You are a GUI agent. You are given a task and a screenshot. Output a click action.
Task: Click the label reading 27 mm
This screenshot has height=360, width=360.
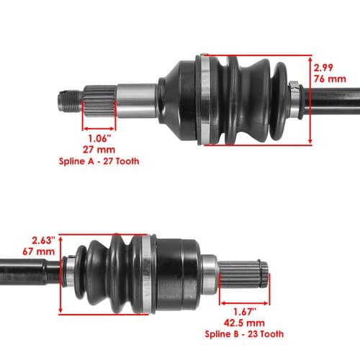click(99, 150)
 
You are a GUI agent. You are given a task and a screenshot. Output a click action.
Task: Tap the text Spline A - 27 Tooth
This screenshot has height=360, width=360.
click(99, 161)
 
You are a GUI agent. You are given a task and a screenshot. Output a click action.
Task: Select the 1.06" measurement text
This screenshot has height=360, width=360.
click(100, 138)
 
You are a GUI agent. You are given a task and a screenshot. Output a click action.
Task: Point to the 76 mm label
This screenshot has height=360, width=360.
click(330, 79)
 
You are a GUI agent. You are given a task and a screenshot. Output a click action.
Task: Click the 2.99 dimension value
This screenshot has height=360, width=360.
click(323, 68)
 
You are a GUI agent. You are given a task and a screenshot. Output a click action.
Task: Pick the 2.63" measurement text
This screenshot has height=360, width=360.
click(44, 240)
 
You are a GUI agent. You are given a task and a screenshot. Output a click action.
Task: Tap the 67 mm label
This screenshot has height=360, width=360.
click(39, 251)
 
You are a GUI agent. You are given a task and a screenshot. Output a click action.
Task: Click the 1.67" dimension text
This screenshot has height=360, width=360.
click(245, 312)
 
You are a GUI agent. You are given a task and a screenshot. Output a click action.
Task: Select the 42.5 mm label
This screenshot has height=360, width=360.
click(244, 323)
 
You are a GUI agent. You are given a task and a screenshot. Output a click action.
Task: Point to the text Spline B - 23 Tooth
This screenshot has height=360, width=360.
click(244, 334)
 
